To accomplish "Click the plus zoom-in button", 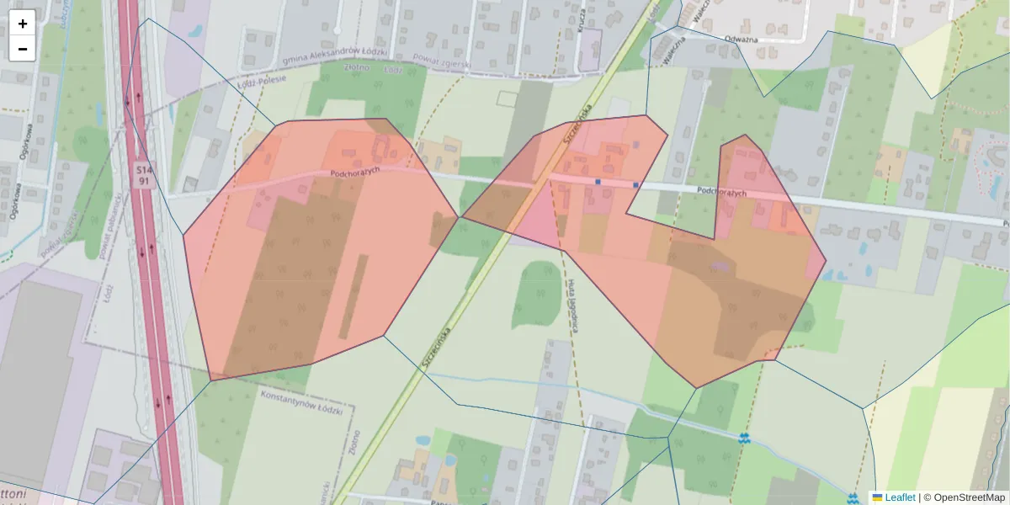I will point(23,24).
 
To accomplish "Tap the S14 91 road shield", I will point(145,175).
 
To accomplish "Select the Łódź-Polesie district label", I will point(262,81).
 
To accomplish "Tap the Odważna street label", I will point(742,39).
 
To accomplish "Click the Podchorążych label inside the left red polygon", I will point(357,172).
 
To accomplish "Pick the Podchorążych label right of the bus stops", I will point(722,192).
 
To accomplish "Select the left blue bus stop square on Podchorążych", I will point(598,181).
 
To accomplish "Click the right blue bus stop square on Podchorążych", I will point(635,184).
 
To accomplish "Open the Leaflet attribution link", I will point(900,497).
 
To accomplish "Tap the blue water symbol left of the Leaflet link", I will point(853,498).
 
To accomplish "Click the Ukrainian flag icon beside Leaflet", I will point(877,497).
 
